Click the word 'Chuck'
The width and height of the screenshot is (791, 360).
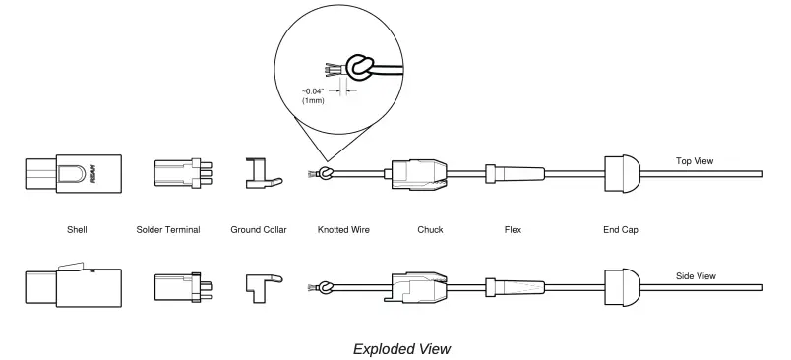point(430,230)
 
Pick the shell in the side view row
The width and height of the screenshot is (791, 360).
point(71,286)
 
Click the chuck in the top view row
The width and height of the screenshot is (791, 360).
point(419,175)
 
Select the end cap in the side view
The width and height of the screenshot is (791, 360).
point(622,286)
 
